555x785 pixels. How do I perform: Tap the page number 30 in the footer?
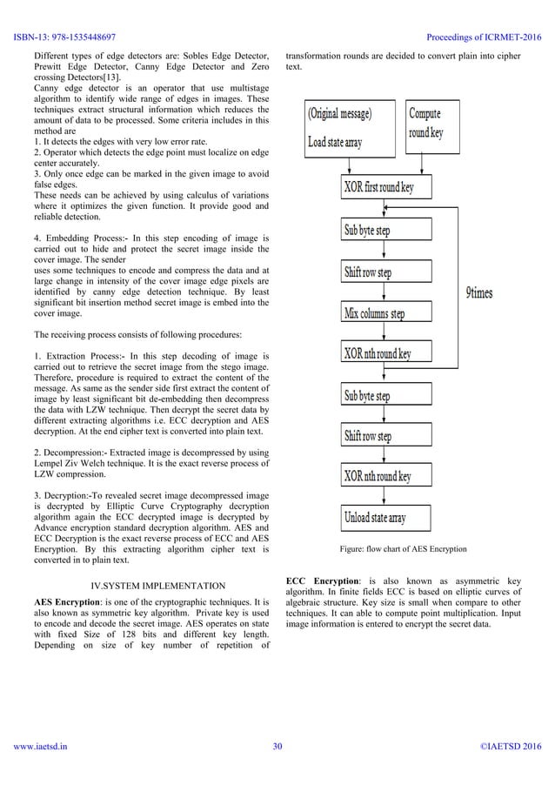point(277,770)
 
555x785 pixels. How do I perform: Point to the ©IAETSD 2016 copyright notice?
point(511,770)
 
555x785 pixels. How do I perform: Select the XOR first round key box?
point(384,186)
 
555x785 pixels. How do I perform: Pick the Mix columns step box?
point(384,313)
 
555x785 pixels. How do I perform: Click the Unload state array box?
point(384,519)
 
